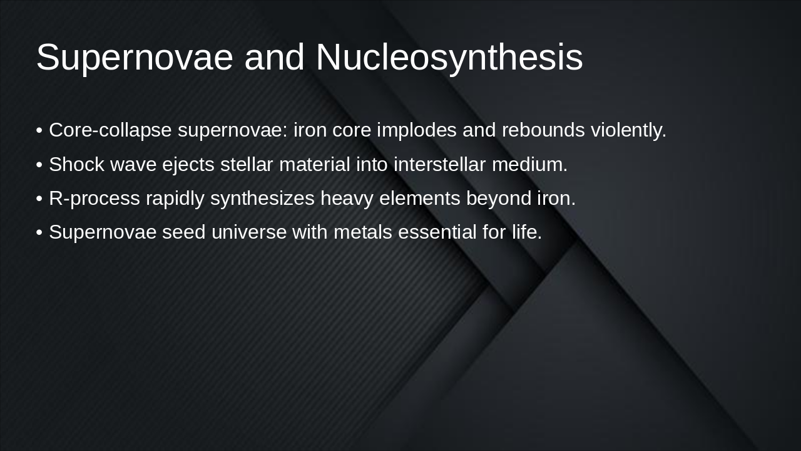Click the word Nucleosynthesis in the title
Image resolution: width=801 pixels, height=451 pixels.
449,58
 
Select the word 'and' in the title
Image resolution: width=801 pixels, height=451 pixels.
275,58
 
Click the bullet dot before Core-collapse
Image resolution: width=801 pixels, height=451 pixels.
39,131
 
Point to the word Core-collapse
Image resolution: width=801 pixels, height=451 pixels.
111,130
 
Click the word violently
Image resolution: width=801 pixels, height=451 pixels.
628,130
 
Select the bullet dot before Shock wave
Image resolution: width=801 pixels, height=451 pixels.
39,165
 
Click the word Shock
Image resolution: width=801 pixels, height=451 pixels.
76,164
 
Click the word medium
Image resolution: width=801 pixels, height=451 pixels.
529,164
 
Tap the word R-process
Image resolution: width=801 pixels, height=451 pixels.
94,198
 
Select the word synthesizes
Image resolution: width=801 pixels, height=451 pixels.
262,198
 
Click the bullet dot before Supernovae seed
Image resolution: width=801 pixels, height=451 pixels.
39,232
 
